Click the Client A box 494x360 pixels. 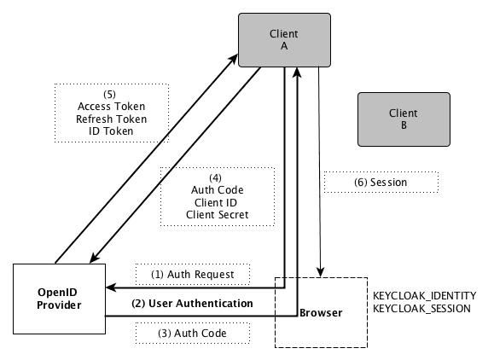point(284,40)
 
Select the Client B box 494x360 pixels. point(404,119)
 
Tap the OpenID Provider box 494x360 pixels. point(59,299)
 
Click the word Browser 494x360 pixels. point(321,313)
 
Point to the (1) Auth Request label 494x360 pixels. point(193,275)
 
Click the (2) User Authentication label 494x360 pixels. point(192,304)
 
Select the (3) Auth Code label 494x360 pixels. point(192,334)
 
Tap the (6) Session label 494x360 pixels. point(381,182)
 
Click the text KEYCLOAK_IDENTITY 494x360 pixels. point(424,296)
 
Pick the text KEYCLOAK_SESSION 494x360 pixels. point(421,308)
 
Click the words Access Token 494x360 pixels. point(112,107)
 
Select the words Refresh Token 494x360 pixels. point(112,119)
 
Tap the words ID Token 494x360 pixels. point(111,131)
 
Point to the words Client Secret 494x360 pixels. point(217,215)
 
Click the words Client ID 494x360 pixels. point(216,202)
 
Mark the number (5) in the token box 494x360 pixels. point(109,94)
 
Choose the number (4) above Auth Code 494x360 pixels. point(216,178)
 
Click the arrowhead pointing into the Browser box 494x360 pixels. point(321,272)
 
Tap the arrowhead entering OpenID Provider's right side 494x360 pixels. point(111,287)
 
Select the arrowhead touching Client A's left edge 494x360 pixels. point(234,58)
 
